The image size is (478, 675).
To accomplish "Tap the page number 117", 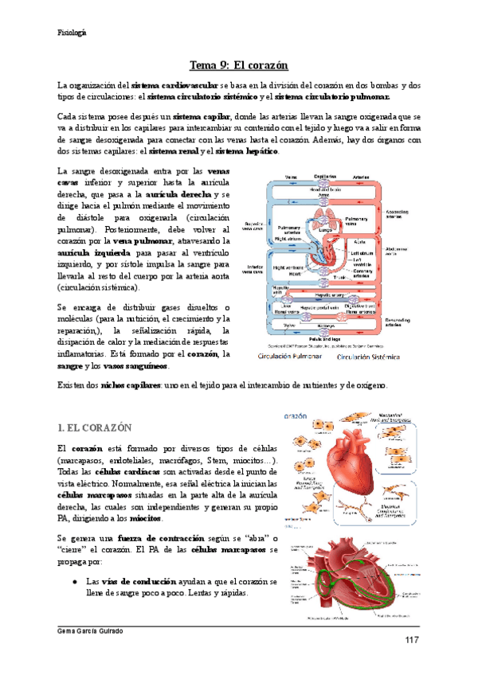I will (411, 641).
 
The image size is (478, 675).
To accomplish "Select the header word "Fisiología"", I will (72, 32).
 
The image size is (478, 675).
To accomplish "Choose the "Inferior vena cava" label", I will (257, 270).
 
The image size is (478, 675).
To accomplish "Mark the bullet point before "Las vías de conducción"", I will (73, 581).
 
